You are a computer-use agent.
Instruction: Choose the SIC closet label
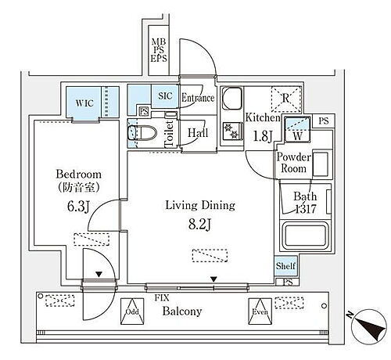tap(164, 96)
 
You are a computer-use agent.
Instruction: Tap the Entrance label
tap(199, 98)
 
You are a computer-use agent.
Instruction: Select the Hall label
tap(196, 132)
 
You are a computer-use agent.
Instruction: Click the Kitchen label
tap(262, 117)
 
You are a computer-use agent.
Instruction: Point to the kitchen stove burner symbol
tap(232, 131)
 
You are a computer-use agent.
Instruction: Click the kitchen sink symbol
tap(233, 99)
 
